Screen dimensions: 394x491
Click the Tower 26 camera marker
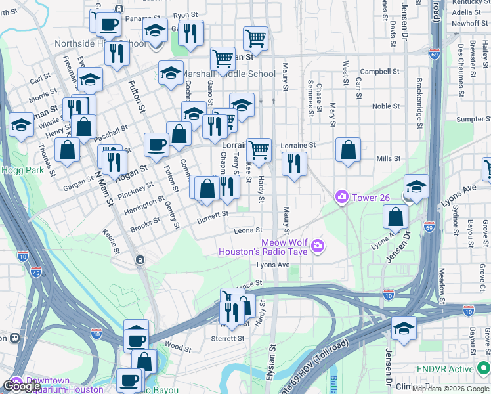pos(341,196)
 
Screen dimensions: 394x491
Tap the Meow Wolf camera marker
pos(318,246)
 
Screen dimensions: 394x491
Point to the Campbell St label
pos(379,72)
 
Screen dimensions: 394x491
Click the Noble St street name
pos(386,106)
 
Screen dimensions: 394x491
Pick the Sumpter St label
pos(473,120)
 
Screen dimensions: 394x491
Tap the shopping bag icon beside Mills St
pos(348,149)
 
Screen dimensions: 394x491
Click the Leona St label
pos(249,230)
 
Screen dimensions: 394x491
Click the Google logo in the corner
pos(21,386)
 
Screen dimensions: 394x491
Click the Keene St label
pos(112,242)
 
